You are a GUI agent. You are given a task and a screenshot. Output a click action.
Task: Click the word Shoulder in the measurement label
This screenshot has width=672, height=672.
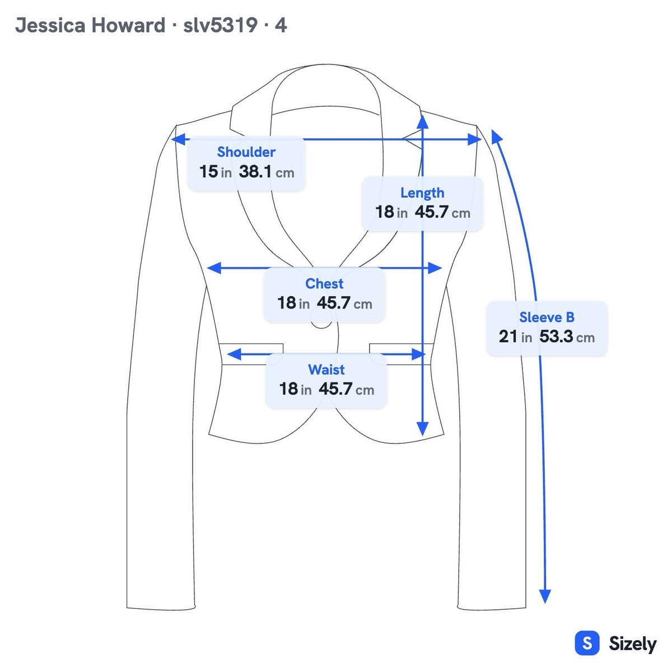tap(246, 152)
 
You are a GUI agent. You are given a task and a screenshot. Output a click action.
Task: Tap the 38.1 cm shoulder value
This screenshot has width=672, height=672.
tap(267, 172)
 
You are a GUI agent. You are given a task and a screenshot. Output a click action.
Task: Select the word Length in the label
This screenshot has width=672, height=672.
tap(422, 193)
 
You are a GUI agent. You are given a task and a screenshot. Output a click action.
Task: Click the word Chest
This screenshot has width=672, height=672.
tap(324, 283)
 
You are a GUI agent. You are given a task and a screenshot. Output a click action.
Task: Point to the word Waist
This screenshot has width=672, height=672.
tap(326, 370)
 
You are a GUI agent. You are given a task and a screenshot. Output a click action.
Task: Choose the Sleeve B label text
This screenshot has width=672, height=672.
tap(547, 318)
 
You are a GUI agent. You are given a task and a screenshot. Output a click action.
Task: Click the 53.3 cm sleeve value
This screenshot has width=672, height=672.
tap(567, 337)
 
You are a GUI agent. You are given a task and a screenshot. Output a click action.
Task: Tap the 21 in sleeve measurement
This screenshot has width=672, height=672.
tap(515, 337)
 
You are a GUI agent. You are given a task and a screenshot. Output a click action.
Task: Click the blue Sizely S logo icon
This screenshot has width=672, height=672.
tap(587, 643)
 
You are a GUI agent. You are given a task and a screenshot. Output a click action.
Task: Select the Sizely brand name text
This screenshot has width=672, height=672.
tap(633, 644)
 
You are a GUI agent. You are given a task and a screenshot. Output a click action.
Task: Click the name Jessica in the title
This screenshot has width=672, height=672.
tap(50, 25)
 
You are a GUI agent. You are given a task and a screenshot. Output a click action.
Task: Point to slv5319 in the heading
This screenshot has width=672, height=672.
tap(221, 25)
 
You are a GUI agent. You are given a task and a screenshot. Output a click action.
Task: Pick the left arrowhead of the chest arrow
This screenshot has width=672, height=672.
tap(214, 268)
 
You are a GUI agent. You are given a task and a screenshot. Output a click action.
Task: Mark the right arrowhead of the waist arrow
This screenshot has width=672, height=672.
tap(419, 354)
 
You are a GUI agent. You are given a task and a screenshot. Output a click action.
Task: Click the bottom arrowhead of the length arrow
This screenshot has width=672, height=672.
tap(423, 428)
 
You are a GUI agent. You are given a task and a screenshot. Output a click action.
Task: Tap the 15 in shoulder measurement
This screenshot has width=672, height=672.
tap(215, 172)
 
